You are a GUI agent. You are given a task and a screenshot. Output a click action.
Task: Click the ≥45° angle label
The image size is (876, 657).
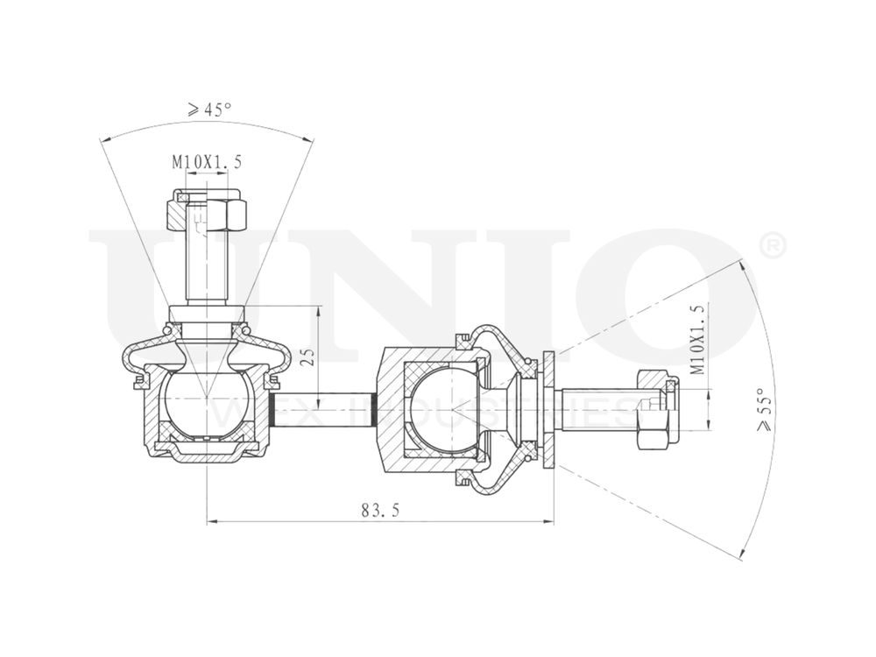click(x=209, y=109)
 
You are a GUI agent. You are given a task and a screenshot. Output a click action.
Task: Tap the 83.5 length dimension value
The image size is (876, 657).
click(x=380, y=509)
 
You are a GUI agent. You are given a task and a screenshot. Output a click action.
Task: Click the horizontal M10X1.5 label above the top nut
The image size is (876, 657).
click(x=206, y=162)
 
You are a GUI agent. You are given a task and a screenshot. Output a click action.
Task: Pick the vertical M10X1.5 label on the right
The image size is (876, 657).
click(x=696, y=339)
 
